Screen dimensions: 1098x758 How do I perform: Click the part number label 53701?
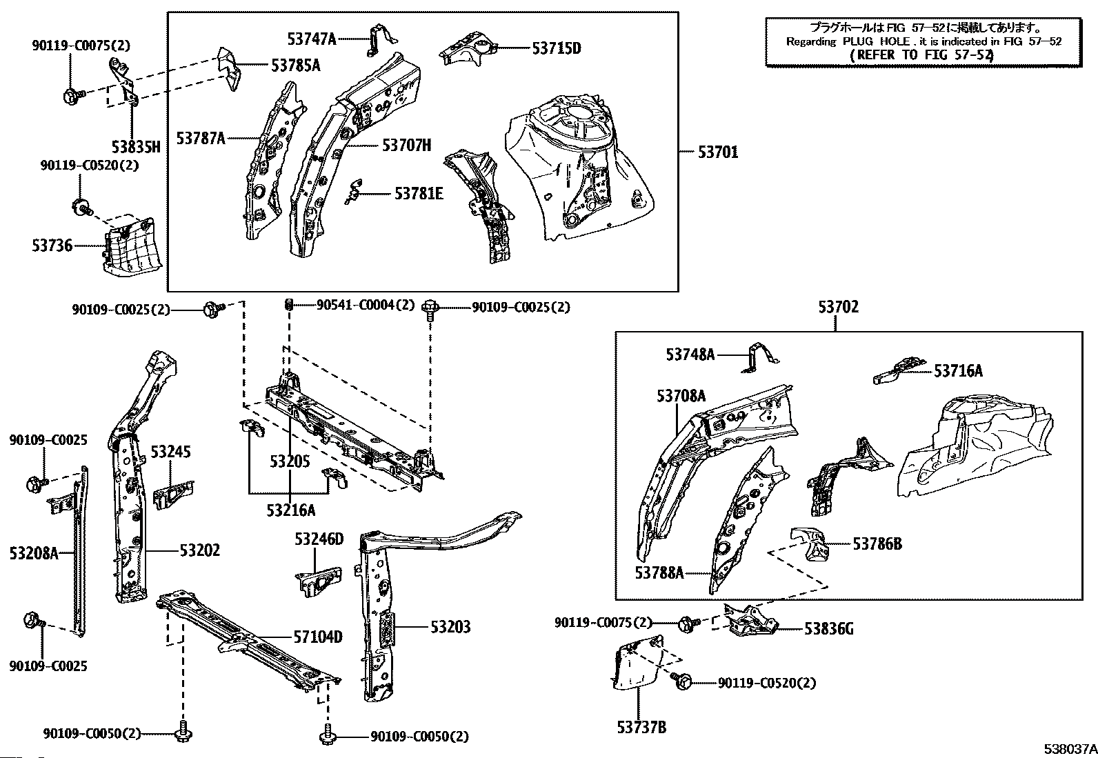tap(717, 152)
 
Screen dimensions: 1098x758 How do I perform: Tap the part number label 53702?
tap(839, 307)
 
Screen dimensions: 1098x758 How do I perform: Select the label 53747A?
tap(312, 39)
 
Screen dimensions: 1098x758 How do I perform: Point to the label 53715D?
tap(557, 48)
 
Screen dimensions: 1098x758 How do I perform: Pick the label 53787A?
tap(201, 139)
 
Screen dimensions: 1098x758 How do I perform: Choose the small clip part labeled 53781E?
tap(353, 192)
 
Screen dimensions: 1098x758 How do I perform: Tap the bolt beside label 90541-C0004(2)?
tap(289, 304)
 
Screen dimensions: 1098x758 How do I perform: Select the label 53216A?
tap(290, 510)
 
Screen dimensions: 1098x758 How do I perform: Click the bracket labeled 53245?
tap(173, 495)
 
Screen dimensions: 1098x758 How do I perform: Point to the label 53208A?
tap(34, 554)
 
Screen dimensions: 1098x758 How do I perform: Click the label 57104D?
tap(318, 637)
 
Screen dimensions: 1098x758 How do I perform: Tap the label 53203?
tap(450, 626)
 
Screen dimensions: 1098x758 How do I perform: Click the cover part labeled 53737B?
tap(637, 662)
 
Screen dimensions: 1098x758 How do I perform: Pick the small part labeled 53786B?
tap(810, 544)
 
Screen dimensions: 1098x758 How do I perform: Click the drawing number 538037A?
tap(1070, 749)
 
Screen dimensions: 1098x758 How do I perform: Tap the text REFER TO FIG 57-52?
tap(921, 55)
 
